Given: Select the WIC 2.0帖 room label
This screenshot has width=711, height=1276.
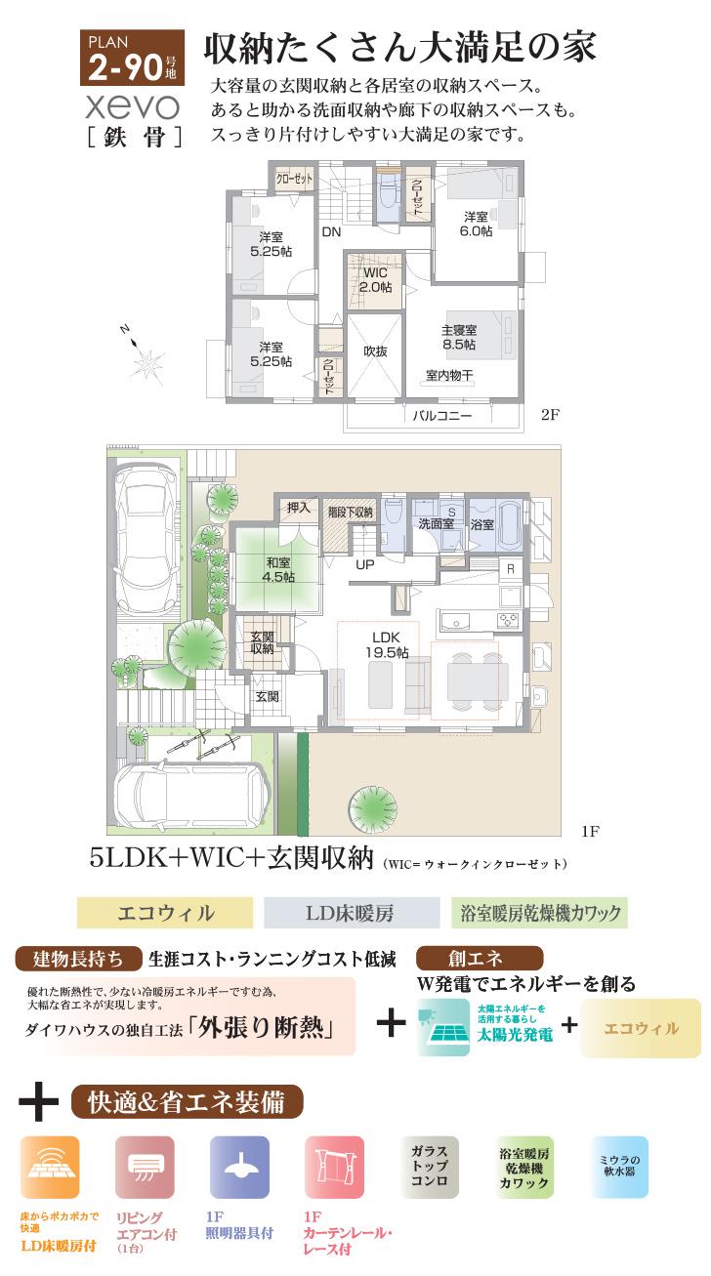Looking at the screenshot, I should (x=376, y=280).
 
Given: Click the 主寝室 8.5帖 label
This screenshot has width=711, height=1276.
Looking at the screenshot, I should (x=458, y=338).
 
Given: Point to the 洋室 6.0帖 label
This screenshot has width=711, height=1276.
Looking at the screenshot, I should (x=476, y=224).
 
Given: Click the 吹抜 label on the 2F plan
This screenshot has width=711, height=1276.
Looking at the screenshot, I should (x=376, y=351).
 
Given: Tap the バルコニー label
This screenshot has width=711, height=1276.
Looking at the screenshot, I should (x=440, y=416).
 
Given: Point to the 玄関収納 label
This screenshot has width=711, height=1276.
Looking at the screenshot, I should (x=261, y=643).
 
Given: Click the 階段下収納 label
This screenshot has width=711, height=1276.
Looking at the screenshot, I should (x=350, y=512).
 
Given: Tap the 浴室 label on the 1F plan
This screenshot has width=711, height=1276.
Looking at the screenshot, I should (x=481, y=524).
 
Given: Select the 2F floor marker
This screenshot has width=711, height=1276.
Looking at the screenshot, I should (x=550, y=414).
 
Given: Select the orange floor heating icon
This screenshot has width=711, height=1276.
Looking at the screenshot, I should (x=50, y=1168).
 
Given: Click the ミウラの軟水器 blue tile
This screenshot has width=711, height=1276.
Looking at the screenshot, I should (x=617, y=1166).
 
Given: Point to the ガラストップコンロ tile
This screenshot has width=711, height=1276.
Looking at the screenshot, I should (x=429, y=1166).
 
